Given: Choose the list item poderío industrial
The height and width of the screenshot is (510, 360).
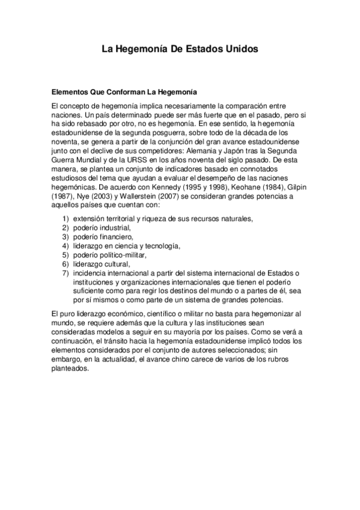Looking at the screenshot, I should (x=101, y=229).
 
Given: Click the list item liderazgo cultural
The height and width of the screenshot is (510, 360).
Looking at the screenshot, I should (x=101, y=263).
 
